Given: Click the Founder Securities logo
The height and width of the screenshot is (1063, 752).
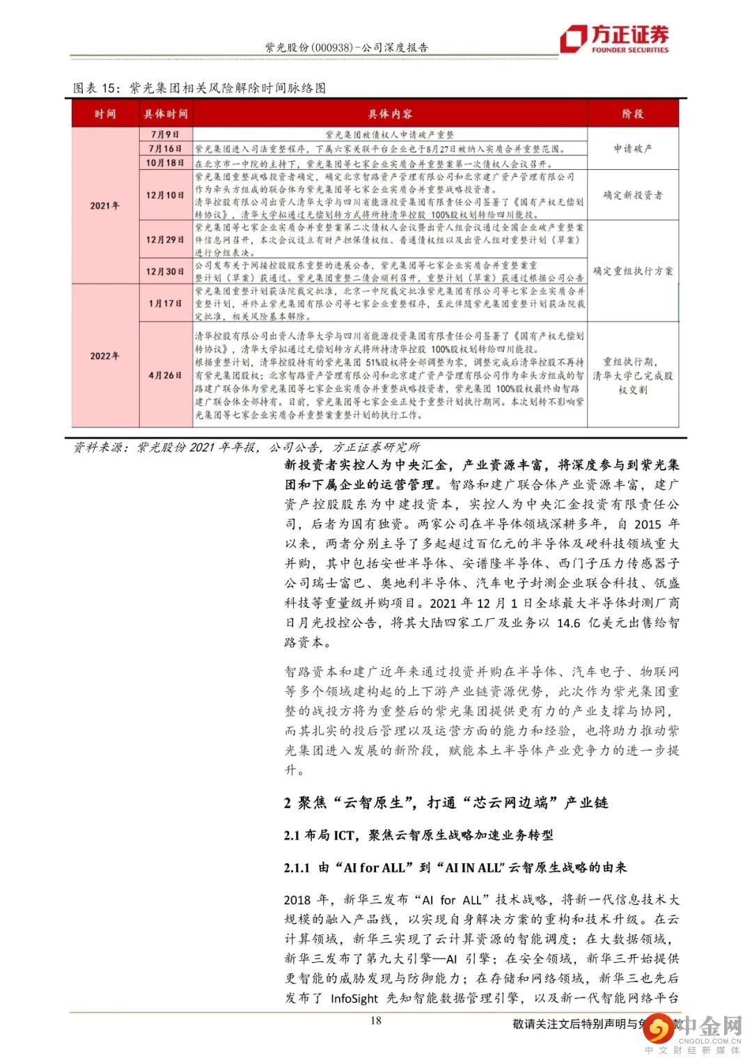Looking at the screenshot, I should (x=616, y=39).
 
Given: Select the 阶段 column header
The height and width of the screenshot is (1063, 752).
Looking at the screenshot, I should (x=632, y=113).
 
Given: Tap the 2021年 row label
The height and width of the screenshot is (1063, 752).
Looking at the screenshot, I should (x=105, y=206).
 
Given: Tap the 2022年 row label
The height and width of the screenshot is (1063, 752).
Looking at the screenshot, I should (x=105, y=356).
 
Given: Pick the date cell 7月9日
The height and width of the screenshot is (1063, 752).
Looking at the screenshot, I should (x=165, y=134).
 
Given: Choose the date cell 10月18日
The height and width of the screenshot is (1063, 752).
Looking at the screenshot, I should (x=165, y=163).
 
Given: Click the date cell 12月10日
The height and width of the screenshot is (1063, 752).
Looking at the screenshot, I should (x=165, y=195).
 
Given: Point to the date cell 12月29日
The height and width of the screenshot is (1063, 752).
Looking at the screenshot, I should (x=165, y=239).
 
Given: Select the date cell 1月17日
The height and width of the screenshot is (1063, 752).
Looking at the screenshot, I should (x=165, y=303).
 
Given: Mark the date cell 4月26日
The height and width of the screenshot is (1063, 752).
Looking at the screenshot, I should (x=165, y=375).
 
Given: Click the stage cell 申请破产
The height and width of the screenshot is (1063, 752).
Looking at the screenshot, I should (x=632, y=148).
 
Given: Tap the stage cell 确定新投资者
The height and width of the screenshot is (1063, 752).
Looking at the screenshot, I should (x=632, y=196).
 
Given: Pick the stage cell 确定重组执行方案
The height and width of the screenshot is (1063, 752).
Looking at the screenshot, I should (x=632, y=271).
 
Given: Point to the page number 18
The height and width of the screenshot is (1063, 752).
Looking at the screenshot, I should (x=376, y=1021).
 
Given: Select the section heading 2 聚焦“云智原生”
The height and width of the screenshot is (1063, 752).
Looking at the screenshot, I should (x=446, y=803).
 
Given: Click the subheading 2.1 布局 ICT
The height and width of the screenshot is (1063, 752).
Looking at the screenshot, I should (x=418, y=835).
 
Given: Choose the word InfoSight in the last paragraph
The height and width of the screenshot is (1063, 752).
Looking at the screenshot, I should (x=350, y=998).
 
